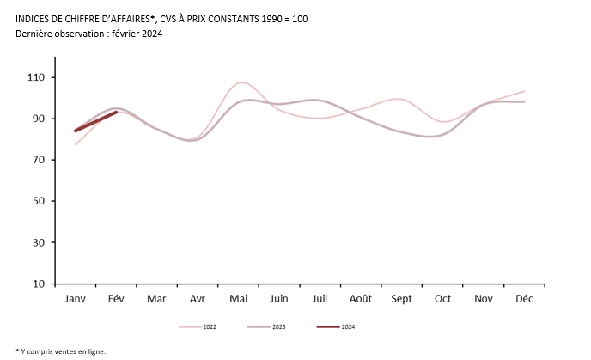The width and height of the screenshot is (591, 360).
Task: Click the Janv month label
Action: (x=75, y=299)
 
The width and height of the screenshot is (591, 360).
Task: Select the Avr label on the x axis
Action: (x=198, y=299)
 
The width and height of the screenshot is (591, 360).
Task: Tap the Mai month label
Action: (x=238, y=299)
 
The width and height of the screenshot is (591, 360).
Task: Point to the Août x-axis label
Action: (x=361, y=299)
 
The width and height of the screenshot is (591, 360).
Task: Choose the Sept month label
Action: (x=402, y=299)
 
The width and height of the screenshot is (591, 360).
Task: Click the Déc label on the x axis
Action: (x=525, y=299)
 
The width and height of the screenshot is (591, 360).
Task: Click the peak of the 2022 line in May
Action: (x=241, y=82)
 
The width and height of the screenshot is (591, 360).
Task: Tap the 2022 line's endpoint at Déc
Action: (x=524, y=91)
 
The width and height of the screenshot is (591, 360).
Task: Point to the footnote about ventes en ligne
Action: (x=61, y=351)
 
